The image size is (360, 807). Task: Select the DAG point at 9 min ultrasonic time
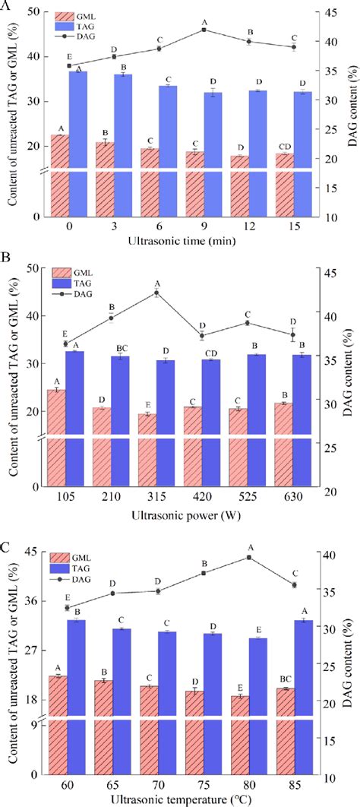click(x=204, y=30)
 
